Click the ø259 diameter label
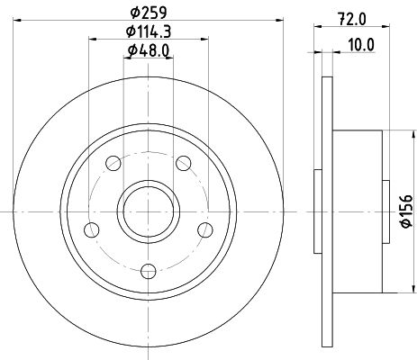point(149,13)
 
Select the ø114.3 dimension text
point(149,31)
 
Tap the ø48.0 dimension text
point(149,50)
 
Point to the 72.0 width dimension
point(352,20)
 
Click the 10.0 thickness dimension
point(361,45)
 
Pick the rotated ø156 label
point(407,211)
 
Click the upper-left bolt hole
point(113,163)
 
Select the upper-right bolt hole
point(183,163)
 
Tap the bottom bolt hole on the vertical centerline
point(149,271)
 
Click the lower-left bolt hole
point(92,230)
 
